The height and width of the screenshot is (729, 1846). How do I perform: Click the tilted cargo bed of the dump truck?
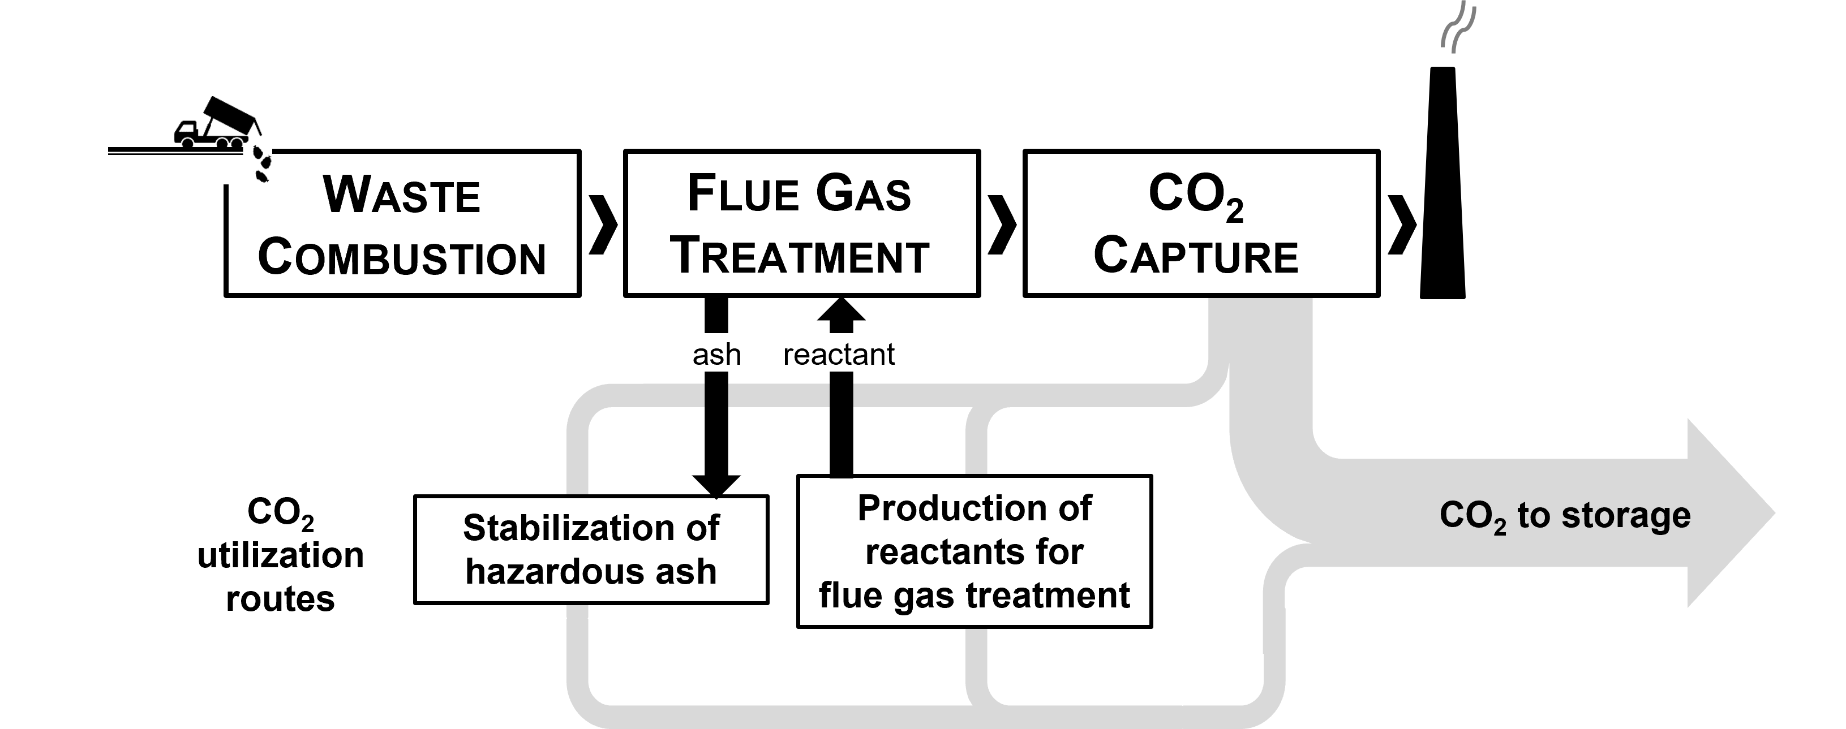pos(228,115)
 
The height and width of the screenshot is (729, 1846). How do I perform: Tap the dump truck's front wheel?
pos(187,143)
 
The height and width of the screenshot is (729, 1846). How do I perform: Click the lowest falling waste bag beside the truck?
pos(263,175)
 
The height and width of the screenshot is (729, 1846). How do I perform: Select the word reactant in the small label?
pos(839,355)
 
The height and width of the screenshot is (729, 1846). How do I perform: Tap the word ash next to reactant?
pos(716,355)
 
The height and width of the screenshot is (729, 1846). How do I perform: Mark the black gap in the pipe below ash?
pos(716,395)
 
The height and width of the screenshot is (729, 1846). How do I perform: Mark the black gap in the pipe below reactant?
pos(842,395)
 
